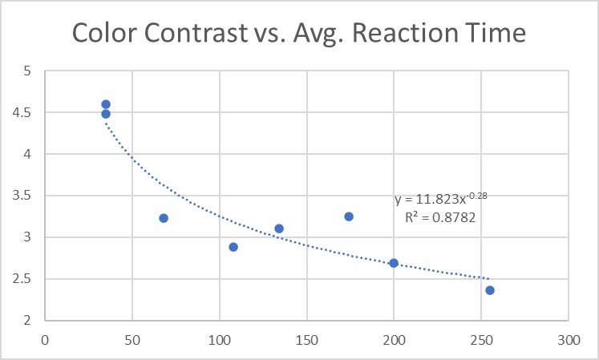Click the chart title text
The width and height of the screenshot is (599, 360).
[298, 33]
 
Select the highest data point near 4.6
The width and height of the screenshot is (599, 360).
[106, 104]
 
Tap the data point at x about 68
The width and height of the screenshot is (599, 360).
[164, 218]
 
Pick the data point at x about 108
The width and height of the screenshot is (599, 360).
[233, 247]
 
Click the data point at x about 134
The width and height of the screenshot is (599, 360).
[279, 229]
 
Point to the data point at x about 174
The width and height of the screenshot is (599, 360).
[349, 216]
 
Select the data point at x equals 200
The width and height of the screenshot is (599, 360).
[394, 263]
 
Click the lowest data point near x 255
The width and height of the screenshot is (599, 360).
[490, 290]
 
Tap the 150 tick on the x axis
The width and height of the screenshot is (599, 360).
[306, 340]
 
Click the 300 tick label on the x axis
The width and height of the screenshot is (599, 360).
[569, 340]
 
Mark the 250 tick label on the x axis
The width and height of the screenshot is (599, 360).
[481, 340]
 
